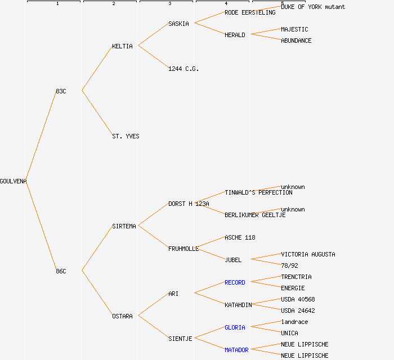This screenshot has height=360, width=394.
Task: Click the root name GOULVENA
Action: click(13, 181)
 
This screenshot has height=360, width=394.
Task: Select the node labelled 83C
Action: click(61, 91)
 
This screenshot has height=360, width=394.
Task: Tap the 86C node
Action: click(61, 271)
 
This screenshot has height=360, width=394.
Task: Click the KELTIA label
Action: click(122, 46)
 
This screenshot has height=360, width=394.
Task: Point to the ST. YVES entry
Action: click(126, 136)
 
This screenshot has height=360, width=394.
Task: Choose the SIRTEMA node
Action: click(124, 226)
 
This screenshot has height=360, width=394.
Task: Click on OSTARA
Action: click(122, 316)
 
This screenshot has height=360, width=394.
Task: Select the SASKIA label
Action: click(178, 24)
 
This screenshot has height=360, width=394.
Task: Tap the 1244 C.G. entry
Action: click(183, 69)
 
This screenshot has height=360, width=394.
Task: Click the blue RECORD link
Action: click(235, 282)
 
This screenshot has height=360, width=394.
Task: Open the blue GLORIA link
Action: click(235, 327)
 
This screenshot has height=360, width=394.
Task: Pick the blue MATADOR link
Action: click(236, 350)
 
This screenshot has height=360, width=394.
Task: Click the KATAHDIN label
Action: click(238, 305)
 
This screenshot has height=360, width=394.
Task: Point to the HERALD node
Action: click(235, 35)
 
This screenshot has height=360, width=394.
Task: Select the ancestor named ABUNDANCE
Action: click(296, 40)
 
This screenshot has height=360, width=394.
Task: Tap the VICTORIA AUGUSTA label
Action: click(308, 254)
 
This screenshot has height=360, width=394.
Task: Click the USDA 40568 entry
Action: click(298, 299)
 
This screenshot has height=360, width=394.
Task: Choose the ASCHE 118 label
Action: click(240, 237)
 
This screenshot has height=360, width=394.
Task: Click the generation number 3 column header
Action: click(169, 4)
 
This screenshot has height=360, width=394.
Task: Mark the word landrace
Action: click(294, 322)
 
